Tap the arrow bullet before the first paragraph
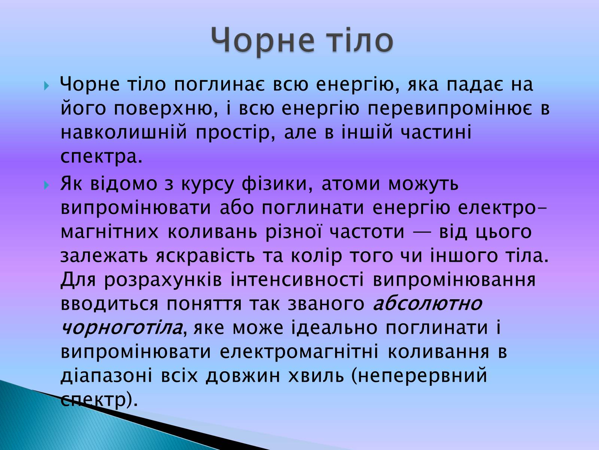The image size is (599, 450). (46, 86)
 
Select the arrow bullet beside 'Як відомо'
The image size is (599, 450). (46, 186)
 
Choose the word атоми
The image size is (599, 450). (351, 184)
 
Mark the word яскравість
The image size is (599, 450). (206, 256)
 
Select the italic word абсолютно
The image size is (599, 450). (428, 303)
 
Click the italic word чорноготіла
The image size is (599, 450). (121, 328)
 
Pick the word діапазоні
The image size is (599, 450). (106, 375)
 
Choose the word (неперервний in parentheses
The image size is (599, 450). (419, 376)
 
